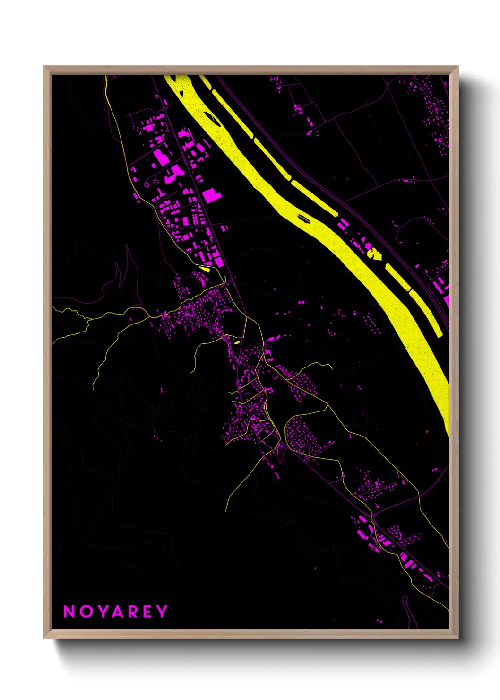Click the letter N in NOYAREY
tap(69, 612)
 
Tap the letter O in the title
tap(86, 612)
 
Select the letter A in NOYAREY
tap(118, 612)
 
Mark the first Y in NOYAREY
tap(102, 612)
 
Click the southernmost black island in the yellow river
tap(303, 218)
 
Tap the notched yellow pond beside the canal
tap(374, 254)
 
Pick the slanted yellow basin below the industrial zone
tap(205, 269)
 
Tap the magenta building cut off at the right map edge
tap(446, 301)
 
